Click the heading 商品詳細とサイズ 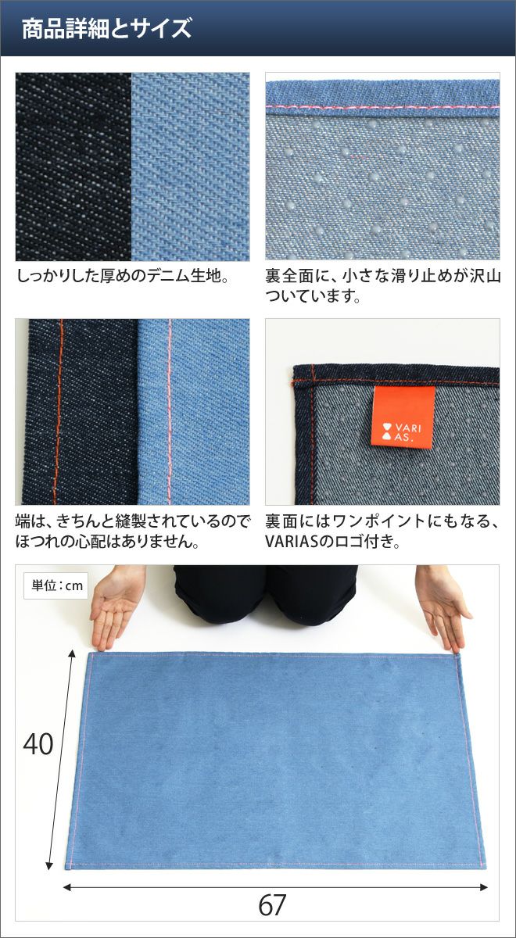coord(106,28)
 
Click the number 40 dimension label coord(38,744)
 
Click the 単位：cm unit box coord(56,585)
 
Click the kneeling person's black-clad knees coord(267,594)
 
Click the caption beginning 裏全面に coord(383,286)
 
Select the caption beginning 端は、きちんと coord(132,532)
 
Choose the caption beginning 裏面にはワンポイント coord(383,532)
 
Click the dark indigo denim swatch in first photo coord(73,166)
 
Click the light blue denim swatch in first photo coord(191,166)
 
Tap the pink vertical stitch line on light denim coord(170,412)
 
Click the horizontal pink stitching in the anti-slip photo coord(382,108)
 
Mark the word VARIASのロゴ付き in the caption coord(332,542)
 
